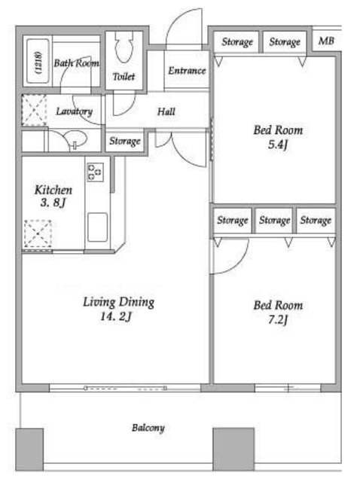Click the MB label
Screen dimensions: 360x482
pyautogui.click(x=326, y=41)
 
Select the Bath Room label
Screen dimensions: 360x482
pyautogui.click(x=76, y=63)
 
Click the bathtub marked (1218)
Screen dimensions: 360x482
pyautogui.click(x=38, y=61)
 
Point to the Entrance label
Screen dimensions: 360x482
pyautogui.click(x=187, y=71)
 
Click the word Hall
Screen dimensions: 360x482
pyautogui.click(x=166, y=111)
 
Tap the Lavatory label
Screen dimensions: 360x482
pyautogui.click(x=74, y=111)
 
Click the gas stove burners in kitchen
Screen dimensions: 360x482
pyautogui.click(x=95, y=172)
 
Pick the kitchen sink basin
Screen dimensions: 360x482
pyautogui.click(x=97, y=227)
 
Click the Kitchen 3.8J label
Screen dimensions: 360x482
pyautogui.click(x=53, y=196)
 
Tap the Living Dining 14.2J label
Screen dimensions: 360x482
pyautogui.click(x=118, y=309)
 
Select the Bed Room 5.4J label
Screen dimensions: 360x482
pyautogui.click(x=278, y=137)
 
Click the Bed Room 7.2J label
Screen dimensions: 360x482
pyautogui.click(x=278, y=313)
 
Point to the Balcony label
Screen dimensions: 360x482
pyautogui.click(x=148, y=428)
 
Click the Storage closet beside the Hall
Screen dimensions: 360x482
pyautogui.click(x=124, y=142)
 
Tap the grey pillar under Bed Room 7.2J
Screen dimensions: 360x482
pyautogui.click(x=233, y=449)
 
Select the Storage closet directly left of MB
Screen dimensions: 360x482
pyautogui.click(x=285, y=42)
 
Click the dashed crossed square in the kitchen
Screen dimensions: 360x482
pyautogui.click(x=38, y=233)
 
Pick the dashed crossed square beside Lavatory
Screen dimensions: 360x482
pyautogui.click(x=34, y=110)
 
